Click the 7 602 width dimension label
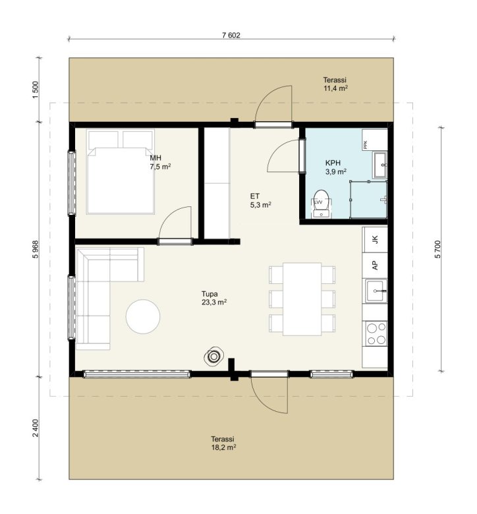point(231,36)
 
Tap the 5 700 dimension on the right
point(438,249)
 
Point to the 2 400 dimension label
point(36,428)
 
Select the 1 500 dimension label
point(36,88)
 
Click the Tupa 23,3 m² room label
point(214,298)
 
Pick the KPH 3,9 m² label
point(335,167)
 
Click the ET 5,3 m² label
point(260,200)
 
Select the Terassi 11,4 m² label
point(335,84)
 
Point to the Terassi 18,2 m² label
point(223,443)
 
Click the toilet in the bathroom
point(321,204)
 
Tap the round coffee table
point(143,316)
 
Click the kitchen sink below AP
point(376,291)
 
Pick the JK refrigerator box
point(376,240)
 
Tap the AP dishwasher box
point(376,265)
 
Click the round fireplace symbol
point(214,356)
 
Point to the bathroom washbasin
point(380,165)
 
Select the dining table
point(302,299)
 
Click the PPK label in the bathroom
point(366,144)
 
